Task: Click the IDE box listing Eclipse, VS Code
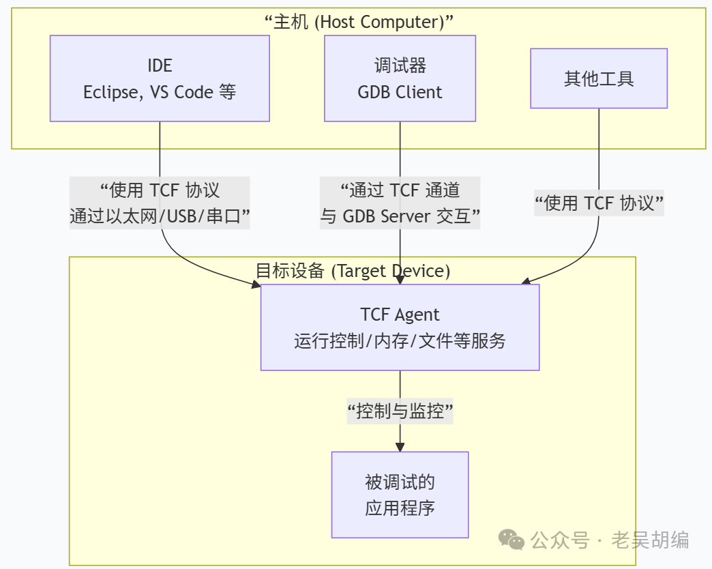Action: coord(160,78)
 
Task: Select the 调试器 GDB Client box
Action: coord(400,78)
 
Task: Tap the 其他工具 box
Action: coord(599,78)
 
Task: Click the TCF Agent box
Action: coord(400,327)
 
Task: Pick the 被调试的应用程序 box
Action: coord(400,495)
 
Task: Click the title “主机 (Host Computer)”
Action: coord(359,22)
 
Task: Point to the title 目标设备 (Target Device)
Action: coord(353,271)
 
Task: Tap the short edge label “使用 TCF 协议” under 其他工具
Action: coord(599,203)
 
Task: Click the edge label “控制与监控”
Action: coord(400,411)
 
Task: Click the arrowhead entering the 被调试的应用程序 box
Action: coord(400,446)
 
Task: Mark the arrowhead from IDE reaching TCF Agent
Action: coord(255,283)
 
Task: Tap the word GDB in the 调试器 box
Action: coord(373,92)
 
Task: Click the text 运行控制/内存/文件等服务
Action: coord(400,340)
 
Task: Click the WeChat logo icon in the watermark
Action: coord(511,540)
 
